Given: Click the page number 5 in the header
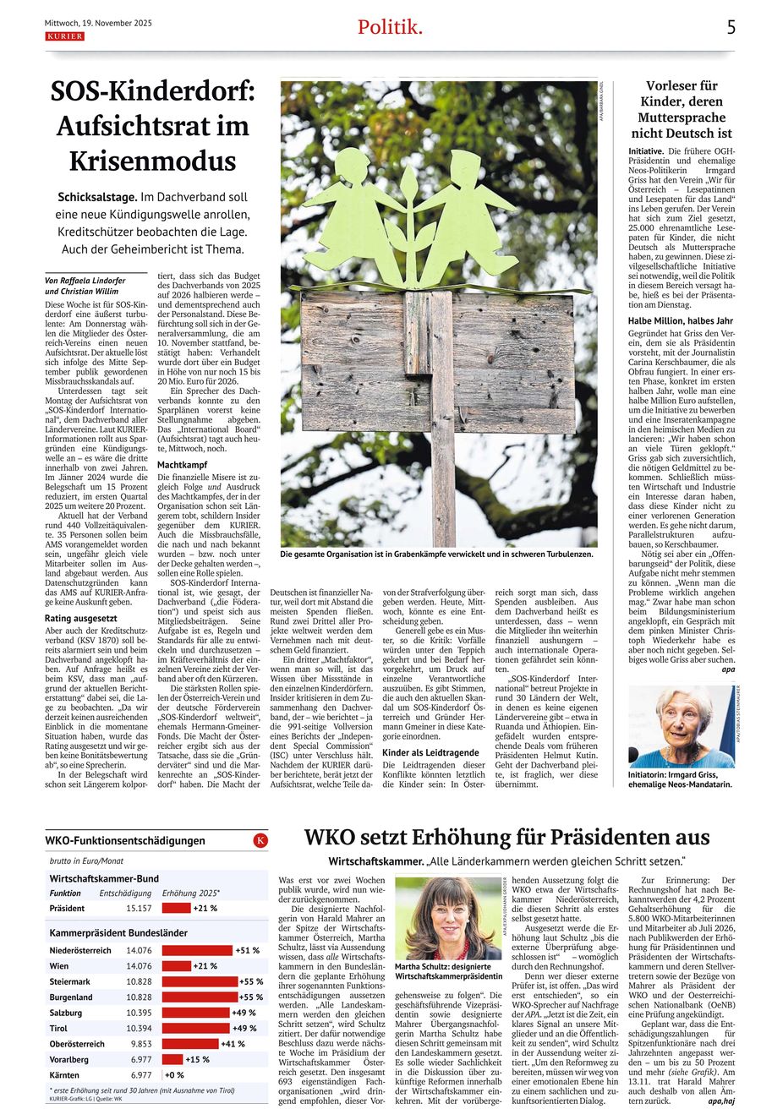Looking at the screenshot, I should [731, 27].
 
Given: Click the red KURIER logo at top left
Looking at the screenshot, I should [64, 36].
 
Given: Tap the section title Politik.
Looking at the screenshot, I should [390, 27].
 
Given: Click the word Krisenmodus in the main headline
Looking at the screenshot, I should [152, 161].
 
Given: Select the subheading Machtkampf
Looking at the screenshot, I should [182, 465].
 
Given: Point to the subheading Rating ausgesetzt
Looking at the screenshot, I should [81, 619].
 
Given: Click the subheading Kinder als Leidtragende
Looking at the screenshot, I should [430, 752].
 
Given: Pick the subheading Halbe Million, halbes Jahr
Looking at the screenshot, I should [681, 321].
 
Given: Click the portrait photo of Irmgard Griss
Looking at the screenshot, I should [682, 726].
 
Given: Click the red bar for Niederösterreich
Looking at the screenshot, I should [197, 950].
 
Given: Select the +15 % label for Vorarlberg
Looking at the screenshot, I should [197, 1060].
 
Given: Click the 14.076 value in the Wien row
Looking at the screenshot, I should [139, 966].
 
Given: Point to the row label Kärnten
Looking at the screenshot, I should [65, 1075].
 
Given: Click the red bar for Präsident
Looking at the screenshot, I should [176, 908].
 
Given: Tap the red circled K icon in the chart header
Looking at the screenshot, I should [260, 840].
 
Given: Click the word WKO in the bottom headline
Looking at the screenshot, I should [332, 838].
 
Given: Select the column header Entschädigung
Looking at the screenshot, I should [125, 893].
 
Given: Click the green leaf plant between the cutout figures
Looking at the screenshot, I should [408, 224].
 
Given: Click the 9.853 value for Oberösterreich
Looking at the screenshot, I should [140, 1044].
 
